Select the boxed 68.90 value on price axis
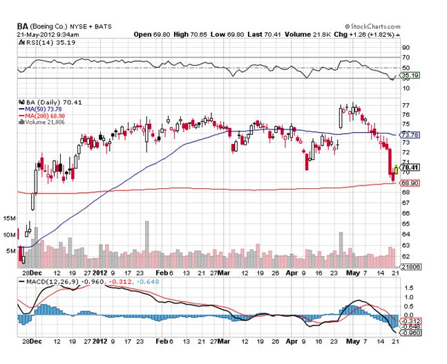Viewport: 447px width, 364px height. click(410, 183)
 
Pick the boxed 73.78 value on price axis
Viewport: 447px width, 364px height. click(410, 134)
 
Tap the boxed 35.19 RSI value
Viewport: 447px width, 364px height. click(410, 75)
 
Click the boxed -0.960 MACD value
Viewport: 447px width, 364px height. click(412, 333)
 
